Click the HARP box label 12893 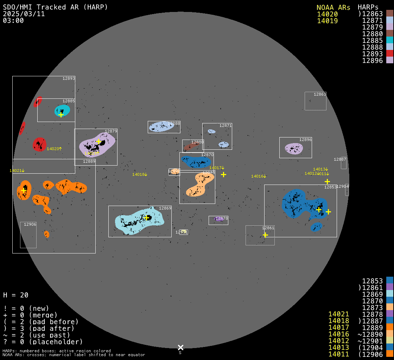pos(69,78)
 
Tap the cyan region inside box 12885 pos(63,110)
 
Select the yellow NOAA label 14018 pos(140,174)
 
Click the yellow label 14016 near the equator pos(258,176)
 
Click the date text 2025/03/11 pos(24,14)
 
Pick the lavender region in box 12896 pos(294,148)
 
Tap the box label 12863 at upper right pos(320,94)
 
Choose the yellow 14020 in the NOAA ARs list pos(327,14)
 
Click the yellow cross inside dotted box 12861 pos(265,235)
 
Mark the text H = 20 pos(15,295)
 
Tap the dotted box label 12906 pos(30,224)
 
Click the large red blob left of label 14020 pos(39,144)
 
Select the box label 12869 pos(165,208)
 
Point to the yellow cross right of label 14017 pos(223,174)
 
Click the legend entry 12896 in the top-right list pos(372,60)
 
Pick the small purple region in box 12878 pos(218,219)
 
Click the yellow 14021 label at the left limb pos(17,171)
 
